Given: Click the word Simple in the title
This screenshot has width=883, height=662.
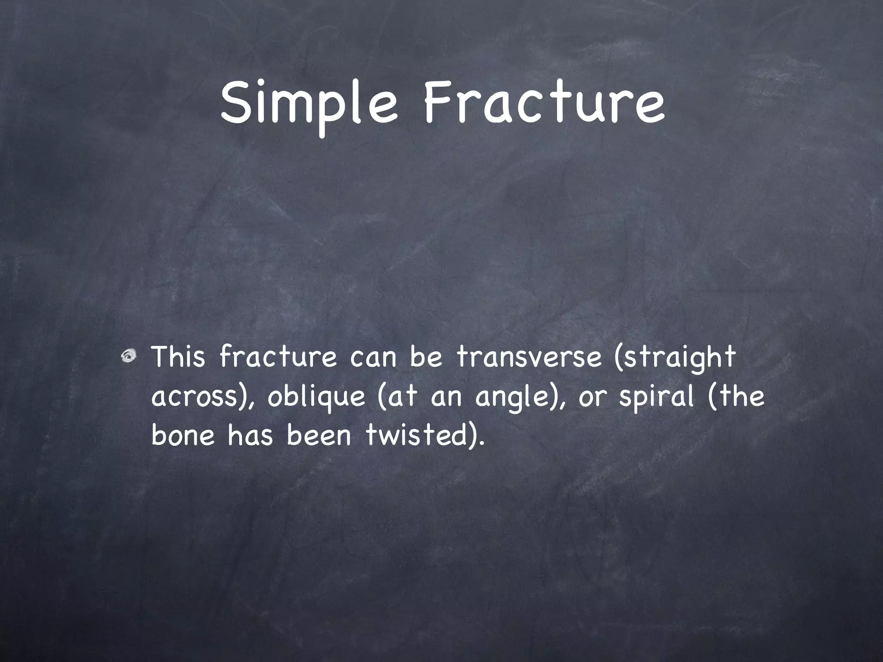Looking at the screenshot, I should (x=308, y=106).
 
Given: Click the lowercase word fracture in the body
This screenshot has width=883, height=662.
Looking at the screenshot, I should (x=278, y=357).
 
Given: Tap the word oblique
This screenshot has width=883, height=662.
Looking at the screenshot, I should (x=316, y=397).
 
